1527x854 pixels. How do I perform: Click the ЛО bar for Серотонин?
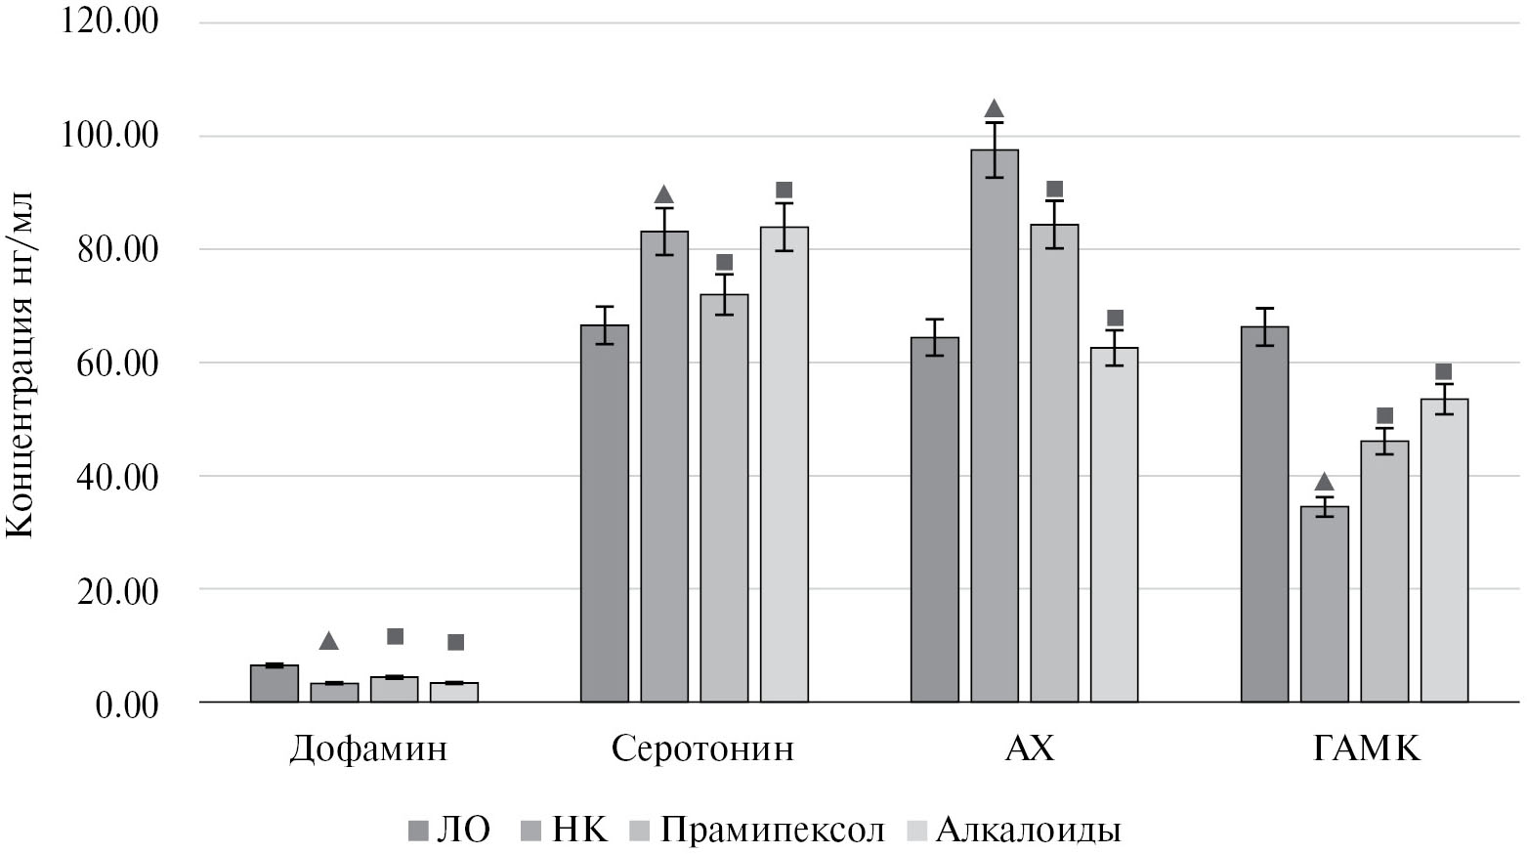tap(605, 513)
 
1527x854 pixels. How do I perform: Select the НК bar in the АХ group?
tap(995, 425)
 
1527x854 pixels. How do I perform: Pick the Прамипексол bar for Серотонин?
tap(724, 498)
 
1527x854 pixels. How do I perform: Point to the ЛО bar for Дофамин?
tap(275, 683)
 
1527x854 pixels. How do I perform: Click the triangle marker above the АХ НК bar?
tap(995, 108)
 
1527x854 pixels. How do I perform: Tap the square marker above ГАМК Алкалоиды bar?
tap(1443, 371)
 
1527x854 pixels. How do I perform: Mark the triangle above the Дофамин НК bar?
tap(328, 641)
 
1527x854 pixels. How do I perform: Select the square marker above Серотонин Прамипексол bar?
tap(724, 263)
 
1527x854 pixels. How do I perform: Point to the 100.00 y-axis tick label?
tap(110, 136)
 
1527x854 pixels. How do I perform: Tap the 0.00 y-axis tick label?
tap(127, 705)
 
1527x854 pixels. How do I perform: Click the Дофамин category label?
tap(368, 749)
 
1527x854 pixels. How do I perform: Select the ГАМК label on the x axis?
tap(1367, 749)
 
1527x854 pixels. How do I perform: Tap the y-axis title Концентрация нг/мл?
tap(21, 363)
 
